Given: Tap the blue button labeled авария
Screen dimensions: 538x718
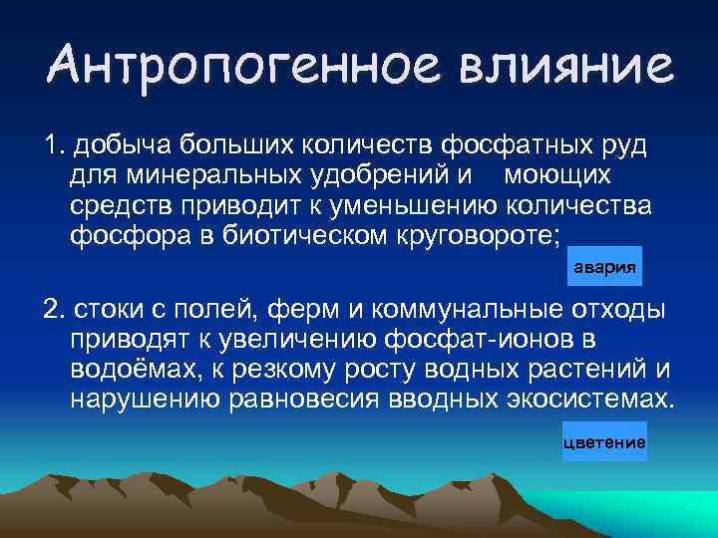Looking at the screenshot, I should pos(602,269).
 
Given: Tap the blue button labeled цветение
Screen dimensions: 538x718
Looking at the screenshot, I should pos(604,441).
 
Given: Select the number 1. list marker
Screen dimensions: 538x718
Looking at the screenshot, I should pos(54,147).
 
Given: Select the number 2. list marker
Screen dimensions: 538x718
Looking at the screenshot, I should pos(54,311).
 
